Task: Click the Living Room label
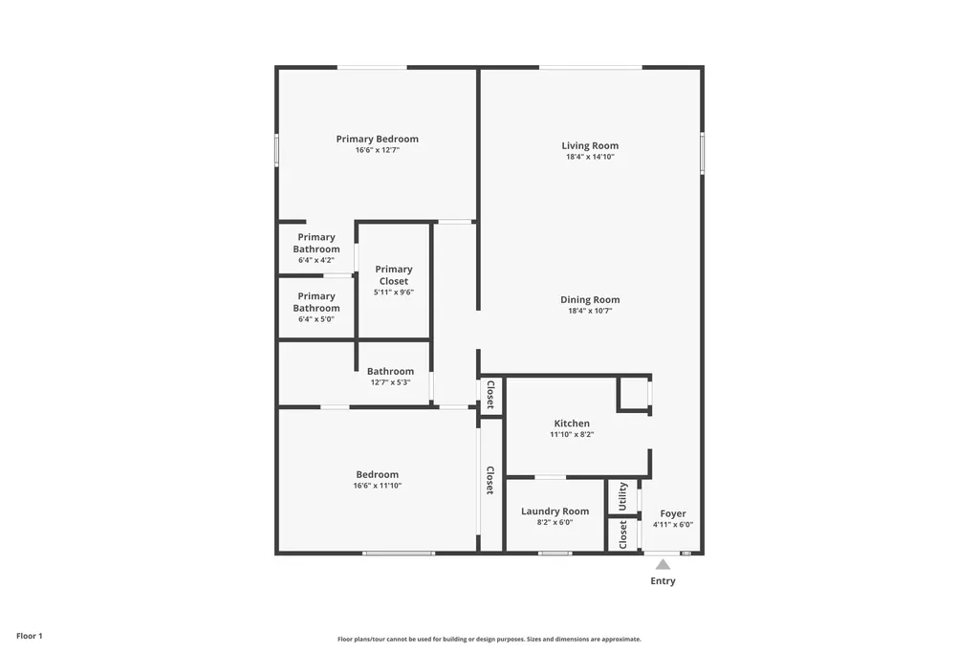[x=590, y=146]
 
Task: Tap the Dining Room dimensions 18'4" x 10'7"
[x=590, y=311]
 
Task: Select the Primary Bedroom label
[x=377, y=139]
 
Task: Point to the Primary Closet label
[x=393, y=275]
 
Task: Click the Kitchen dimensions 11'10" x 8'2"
[x=572, y=434]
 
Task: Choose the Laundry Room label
[x=555, y=511]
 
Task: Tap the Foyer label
[x=673, y=513]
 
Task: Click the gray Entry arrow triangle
[x=663, y=564]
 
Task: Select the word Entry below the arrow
[x=663, y=581]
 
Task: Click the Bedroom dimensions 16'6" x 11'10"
[x=377, y=486]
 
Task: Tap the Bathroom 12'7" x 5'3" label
[x=390, y=377]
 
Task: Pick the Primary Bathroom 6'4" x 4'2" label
[x=315, y=248]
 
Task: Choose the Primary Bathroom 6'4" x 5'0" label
[x=315, y=307]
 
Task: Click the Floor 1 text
[x=30, y=636]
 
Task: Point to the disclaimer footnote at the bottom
[x=489, y=640]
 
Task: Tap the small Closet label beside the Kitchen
[x=490, y=394]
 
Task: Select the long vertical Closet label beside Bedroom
[x=490, y=480]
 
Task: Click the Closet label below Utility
[x=622, y=533]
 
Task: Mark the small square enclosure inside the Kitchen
[x=633, y=394]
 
